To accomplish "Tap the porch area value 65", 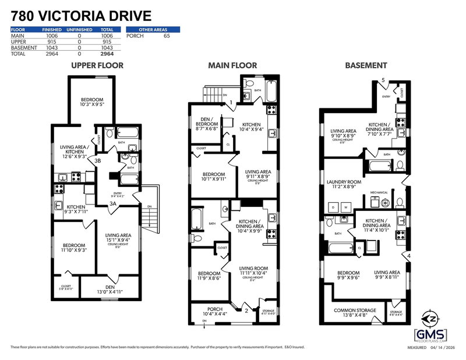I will point(166,36).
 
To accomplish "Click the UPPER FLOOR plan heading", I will point(97,65).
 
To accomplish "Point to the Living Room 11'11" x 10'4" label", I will point(253,271).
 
